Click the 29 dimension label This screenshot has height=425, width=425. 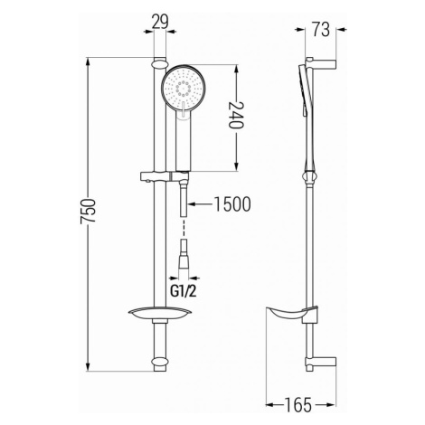coord(160,22)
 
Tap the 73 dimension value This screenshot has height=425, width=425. coord(321,30)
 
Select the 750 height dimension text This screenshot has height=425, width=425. coord(88,211)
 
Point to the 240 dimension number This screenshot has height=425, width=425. coord(235,115)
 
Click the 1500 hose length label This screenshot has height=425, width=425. coord(232,204)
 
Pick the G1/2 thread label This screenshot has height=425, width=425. coord(184,291)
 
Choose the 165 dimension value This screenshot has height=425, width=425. coord(298,405)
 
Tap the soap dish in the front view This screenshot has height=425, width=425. coord(160,314)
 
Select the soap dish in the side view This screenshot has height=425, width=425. coord(291,315)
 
